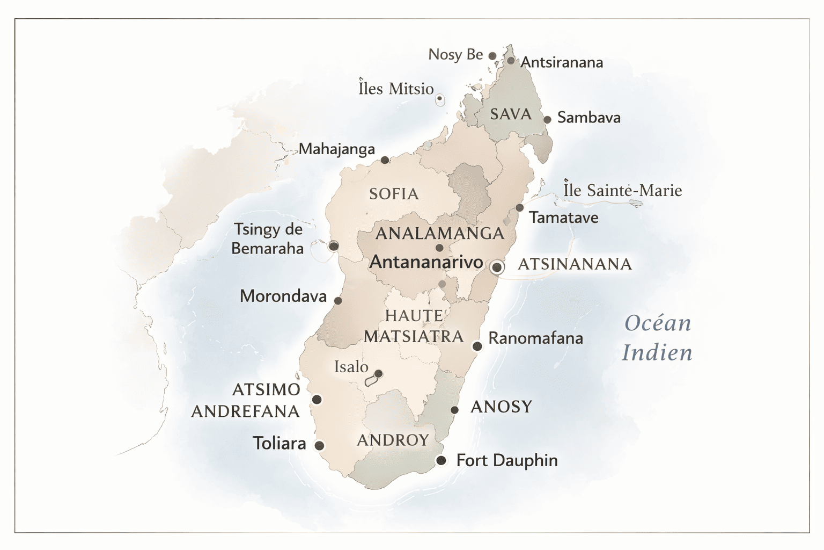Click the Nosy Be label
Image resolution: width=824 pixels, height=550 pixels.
(x=455, y=55)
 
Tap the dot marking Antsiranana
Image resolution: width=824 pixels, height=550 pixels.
(x=511, y=61)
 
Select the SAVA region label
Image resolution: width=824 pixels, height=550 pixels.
(x=511, y=114)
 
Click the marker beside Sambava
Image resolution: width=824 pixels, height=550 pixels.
(x=547, y=119)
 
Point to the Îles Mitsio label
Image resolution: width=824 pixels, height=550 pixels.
(x=396, y=89)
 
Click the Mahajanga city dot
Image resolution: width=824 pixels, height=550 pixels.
(x=385, y=160)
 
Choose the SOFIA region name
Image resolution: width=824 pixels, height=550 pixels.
(x=394, y=194)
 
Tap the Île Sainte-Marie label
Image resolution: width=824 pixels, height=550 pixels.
(x=622, y=191)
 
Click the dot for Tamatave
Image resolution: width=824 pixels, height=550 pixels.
(x=519, y=208)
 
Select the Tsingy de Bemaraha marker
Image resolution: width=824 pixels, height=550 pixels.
(x=334, y=246)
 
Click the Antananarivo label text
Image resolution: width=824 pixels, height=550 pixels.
(x=426, y=262)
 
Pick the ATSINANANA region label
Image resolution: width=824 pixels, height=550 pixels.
(x=575, y=264)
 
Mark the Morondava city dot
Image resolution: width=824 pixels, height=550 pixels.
(x=338, y=300)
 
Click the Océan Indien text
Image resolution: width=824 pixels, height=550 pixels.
(x=657, y=338)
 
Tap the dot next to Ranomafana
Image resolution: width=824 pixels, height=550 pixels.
(x=477, y=346)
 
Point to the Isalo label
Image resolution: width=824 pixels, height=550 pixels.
(x=351, y=367)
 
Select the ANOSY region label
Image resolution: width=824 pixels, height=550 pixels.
(x=501, y=407)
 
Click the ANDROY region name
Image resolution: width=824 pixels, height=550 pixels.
(x=393, y=440)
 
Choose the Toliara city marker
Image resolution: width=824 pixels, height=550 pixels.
(x=319, y=446)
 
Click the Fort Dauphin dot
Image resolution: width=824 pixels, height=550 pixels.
(x=441, y=460)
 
